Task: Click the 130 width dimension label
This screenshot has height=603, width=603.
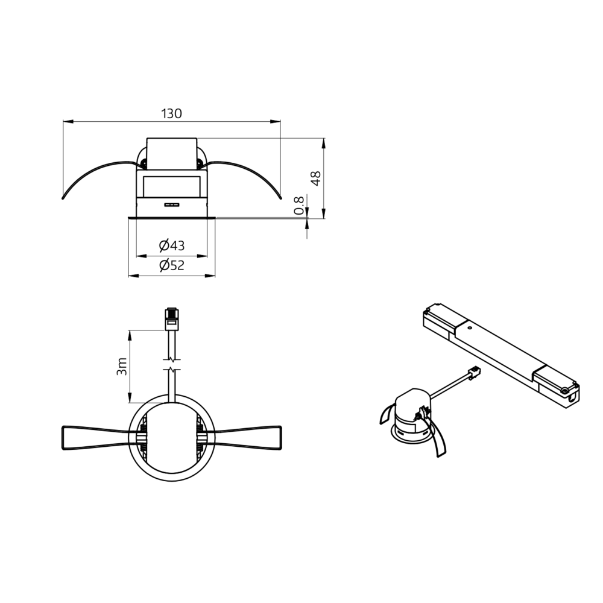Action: (x=171, y=113)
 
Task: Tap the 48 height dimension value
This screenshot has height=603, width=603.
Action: (x=316, y=178)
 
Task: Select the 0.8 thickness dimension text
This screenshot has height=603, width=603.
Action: (x=299, y=205)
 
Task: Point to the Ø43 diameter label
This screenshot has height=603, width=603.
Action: (x=172, y=245)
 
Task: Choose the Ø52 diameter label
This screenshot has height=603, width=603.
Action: (x=172, y=265)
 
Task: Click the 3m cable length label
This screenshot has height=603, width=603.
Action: (x=122, y=367)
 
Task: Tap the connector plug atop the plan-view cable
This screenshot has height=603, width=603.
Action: (x=172, y=319)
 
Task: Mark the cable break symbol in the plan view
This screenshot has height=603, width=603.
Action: (x=172, y=365)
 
